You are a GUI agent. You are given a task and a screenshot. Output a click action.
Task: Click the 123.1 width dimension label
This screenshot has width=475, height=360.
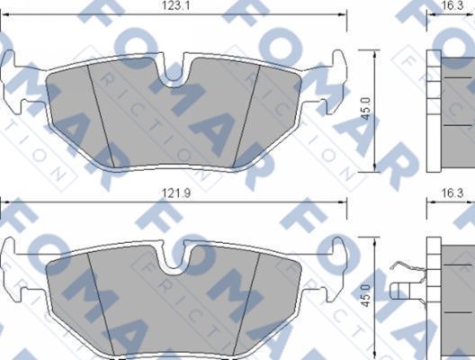174,6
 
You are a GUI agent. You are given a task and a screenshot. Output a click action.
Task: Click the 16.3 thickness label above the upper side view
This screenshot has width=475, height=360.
453,6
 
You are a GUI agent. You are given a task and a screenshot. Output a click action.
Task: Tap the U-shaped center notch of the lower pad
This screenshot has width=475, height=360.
175,260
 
